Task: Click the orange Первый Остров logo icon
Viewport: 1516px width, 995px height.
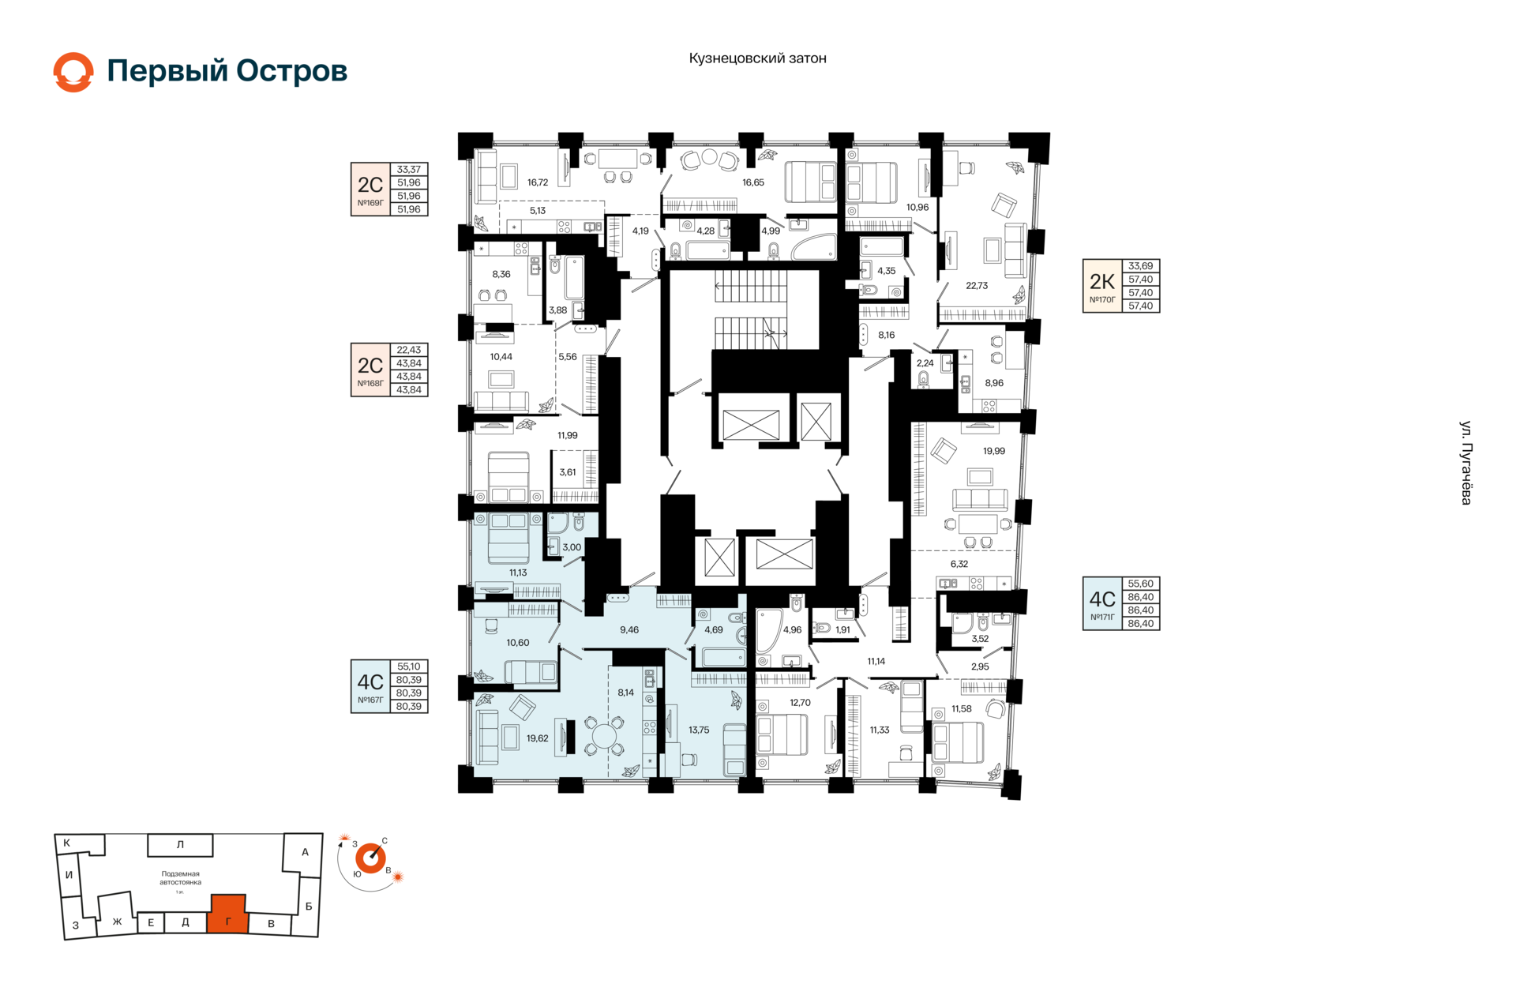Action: click(x=73, y=72)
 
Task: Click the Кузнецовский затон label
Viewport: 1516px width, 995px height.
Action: click(x=757, y=58)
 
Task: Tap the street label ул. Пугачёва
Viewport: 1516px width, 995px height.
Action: click(x=1465, y=463)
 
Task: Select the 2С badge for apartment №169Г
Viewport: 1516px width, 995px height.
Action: click(x=370, y=190)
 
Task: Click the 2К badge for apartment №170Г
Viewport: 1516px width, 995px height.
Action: click(x=1102, y=286)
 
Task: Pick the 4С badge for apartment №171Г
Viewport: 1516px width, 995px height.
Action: click(x=1102, y=604)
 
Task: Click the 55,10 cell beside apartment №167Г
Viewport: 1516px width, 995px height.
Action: click(x=409, y=666)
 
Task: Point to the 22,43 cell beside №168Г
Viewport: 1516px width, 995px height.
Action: click(x=409, y=350)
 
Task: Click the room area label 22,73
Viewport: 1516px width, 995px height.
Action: click(x=977, y=286)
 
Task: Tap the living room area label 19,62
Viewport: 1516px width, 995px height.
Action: click(x=537, y=738)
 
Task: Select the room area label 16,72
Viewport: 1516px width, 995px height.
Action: click(x=537, y=182)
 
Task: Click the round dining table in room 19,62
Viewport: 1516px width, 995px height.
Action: click(x=604, y=736)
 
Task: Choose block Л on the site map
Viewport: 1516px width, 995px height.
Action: click(x=180, y=845)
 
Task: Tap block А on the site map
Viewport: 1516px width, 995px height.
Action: click(x=305, y=852)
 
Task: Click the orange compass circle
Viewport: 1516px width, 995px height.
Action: click(x=370, y=858)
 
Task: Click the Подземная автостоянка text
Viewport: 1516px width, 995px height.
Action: click(x=180, y=878)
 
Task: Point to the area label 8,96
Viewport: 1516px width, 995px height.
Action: click(x=994, y=383)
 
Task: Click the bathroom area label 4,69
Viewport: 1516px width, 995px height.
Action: click(x=713, y=630)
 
